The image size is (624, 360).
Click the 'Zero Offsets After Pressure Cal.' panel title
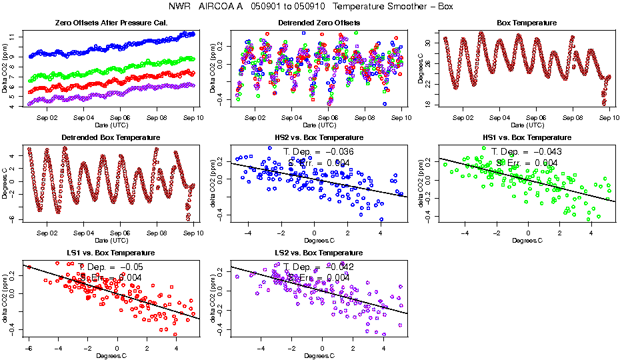(111, 23)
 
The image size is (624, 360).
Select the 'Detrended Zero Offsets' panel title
(319, 23)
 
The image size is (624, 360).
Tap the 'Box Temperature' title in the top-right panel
(527, 23)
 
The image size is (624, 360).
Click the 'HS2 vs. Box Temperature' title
(319, 138)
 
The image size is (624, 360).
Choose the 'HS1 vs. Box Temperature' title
(527, 138)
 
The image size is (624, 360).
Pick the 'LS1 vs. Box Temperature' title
(111, 253)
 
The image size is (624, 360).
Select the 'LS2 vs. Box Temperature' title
(319, 253)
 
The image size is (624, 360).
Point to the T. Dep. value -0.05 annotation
(111, 267)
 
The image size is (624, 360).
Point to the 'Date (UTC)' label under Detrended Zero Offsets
(319, 125)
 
